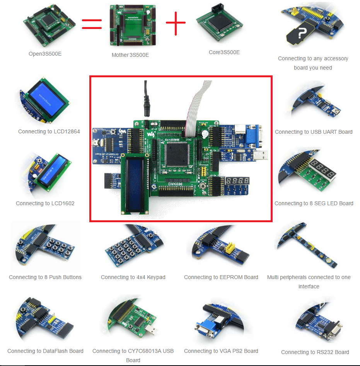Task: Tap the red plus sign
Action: pos(176,22)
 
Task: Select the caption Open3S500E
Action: pos(45,54)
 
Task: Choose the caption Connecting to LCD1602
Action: pos(45,203)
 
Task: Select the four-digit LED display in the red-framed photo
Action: pos(238,181)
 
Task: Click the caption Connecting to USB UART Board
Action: pos(314,132)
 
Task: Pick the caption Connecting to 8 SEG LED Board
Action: pos(314,203)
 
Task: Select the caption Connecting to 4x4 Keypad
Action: pos(133,277)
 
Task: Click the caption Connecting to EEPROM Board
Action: pos(221,277)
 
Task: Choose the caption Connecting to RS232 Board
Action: pos(315,352)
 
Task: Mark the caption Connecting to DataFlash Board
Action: pos(45,351)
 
